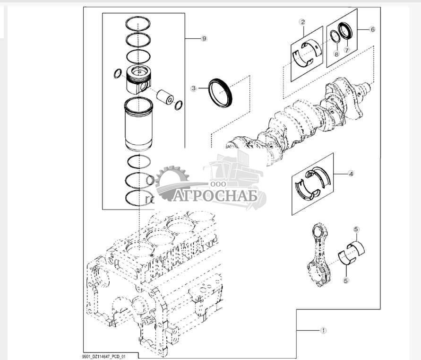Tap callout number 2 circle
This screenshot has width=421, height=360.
(302, 22)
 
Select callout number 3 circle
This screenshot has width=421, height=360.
(193, 88)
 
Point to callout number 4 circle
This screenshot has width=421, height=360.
(351, 174)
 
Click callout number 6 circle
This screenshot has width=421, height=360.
(372, 29)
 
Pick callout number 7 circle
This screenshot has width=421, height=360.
(346, 50)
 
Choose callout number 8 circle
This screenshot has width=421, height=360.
(336, 54)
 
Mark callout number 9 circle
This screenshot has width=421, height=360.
(204, 39)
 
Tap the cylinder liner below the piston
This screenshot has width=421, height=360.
(139, 124)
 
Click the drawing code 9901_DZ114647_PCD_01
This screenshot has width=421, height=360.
(104, 356)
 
